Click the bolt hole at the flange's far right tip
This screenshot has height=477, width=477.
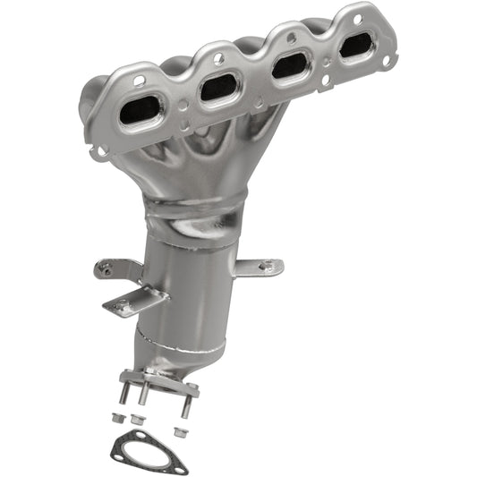coord(387,61)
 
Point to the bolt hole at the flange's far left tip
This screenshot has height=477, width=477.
coord(102,151)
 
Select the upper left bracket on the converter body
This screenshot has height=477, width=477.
coord(116,268)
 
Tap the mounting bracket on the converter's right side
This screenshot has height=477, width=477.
coord(260,267)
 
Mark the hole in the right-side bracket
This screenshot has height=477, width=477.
coord(265,266)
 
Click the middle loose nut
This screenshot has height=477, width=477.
coord(136,419)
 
